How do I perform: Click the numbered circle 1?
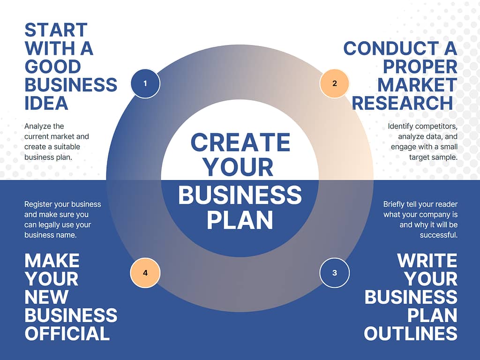(x=145, y=83)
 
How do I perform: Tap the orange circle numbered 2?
(x=334, y=83)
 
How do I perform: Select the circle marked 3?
(x=334, y=273)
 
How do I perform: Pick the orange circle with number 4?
(x=145, y=273)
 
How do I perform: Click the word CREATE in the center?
(x=240, y=142)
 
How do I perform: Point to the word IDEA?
(x=46, y=103)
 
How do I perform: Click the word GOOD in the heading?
(x=52, y=67)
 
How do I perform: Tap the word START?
(x=56, y=30)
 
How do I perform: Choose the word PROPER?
(x=420, y=67)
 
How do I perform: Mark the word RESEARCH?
(x=402, y=103)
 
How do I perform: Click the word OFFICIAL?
(x=67, y=333)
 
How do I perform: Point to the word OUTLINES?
(x=411, y=333)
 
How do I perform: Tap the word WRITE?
(x=427, y=261)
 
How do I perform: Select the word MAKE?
(x=52, y=261)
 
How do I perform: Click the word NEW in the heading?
(x=46, y=297)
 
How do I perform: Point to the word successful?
(x=439, y=235)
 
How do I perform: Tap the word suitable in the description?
(x=65, y=147)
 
